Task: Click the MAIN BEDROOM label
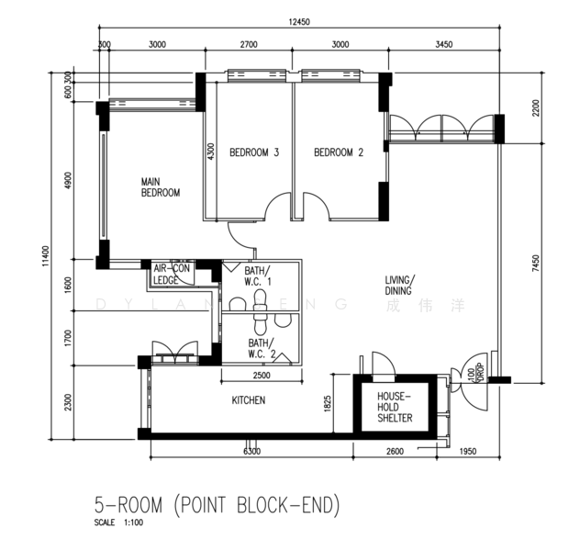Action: click(x=161, y=187)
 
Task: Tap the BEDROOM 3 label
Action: click(x=254, y=152)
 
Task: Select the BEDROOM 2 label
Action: click(x=339, y=152)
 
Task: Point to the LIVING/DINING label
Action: click(x=400, y=286)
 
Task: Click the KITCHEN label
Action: click(x=249, y=400)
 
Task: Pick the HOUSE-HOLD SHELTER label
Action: click(x=395, y=408)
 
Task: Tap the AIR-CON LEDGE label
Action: click(x=172, y=275)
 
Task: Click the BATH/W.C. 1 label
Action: click(x=258, y=276)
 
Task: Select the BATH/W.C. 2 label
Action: click(x=262, y=348)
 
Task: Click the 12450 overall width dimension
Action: click(x=299, y=22)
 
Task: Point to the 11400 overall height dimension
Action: click(x=45, y=255)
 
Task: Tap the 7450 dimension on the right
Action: click(x=536, y=264)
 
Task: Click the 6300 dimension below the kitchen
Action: click(x=251, y=452)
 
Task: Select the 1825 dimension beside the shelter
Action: click(x=328, y=404)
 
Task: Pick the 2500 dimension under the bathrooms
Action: click(x=262, y=376)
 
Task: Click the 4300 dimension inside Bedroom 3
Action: click(x=210, y=152)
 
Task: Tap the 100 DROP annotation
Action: click(x=475, y=374)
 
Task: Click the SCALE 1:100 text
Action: click(x=118, y=523)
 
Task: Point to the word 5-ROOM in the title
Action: click(x=128, y=505)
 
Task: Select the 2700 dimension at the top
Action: click(x=249, y=45)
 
